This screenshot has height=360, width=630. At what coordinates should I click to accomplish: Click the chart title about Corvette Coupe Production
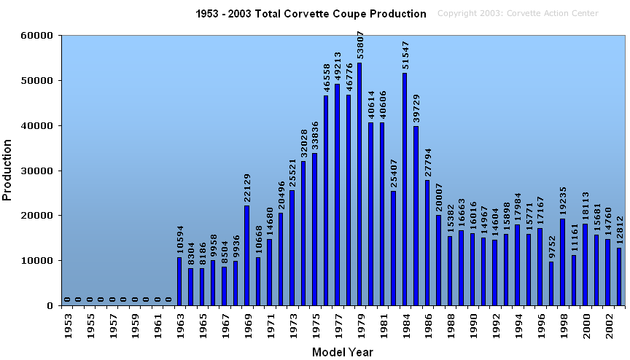pos(311,14)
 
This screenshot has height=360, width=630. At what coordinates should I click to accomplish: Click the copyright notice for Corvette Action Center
pos(518,14)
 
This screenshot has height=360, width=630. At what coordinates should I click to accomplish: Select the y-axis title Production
pos(8,171)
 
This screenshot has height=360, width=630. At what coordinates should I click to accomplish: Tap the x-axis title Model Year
pos(343,352)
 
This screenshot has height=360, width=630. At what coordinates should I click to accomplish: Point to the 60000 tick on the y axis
pos(36,35)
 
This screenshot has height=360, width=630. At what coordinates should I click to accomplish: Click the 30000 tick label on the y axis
pos(36,171)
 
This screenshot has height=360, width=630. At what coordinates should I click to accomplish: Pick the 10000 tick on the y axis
pos(36,261)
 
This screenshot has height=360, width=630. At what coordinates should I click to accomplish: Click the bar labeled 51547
pos(405,189)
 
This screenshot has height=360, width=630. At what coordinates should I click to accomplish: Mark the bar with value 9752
pos(551,283)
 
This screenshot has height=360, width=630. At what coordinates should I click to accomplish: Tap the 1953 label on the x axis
pos(67,324)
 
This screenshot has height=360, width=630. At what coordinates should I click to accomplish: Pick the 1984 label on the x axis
pos(405,324)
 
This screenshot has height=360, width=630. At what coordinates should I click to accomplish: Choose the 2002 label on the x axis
pos(608,324)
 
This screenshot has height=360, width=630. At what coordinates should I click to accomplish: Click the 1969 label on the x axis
pos(247,324)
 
